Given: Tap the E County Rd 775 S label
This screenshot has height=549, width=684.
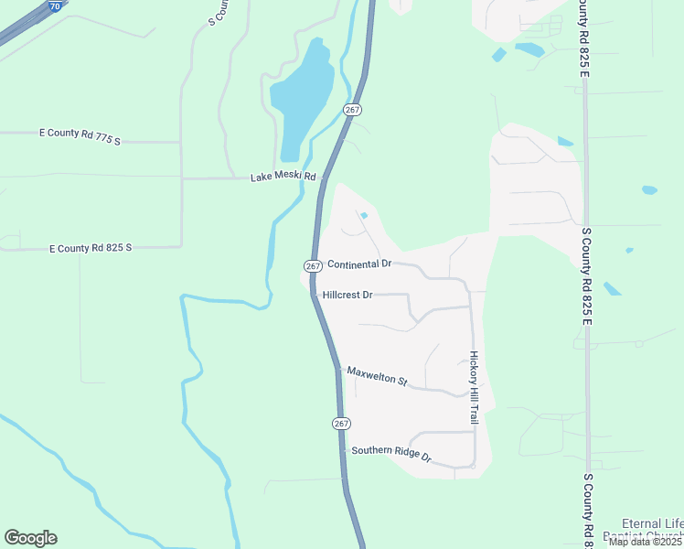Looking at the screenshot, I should tap(80, 136).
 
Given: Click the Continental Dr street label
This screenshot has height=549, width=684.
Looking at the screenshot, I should tap(359, 264).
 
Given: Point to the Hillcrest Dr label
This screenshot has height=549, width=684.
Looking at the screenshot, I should tap(347, 296).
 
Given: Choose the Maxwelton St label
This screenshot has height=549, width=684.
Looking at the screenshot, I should tap(377, 376).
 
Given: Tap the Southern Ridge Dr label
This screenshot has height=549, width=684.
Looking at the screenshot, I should tap(390, 453).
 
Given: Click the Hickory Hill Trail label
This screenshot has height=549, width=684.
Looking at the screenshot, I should tap(474, 386).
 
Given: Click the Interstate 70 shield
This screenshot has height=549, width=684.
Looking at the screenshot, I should tap(55, 5).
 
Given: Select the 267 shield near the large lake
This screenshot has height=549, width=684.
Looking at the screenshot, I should tap(354, 110).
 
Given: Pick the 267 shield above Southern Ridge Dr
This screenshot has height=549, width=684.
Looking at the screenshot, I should tap(341, 424).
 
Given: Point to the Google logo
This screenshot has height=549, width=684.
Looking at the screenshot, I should tap(30, 538).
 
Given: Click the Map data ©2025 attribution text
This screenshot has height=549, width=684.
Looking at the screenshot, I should tap(645, 541).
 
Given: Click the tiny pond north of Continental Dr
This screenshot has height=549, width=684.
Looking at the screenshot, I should tap(364, 216).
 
